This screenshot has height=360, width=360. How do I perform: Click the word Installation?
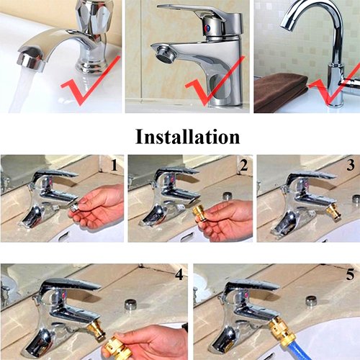187,137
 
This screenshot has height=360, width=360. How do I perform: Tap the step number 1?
114,166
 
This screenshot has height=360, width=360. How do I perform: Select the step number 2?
244,166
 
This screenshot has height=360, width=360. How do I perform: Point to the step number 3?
351,165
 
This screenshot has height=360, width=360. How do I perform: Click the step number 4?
179,274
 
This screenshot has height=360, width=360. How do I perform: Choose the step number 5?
350,274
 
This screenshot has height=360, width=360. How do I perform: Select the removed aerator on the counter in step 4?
131,305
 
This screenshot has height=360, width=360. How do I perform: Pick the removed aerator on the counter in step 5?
312,301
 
